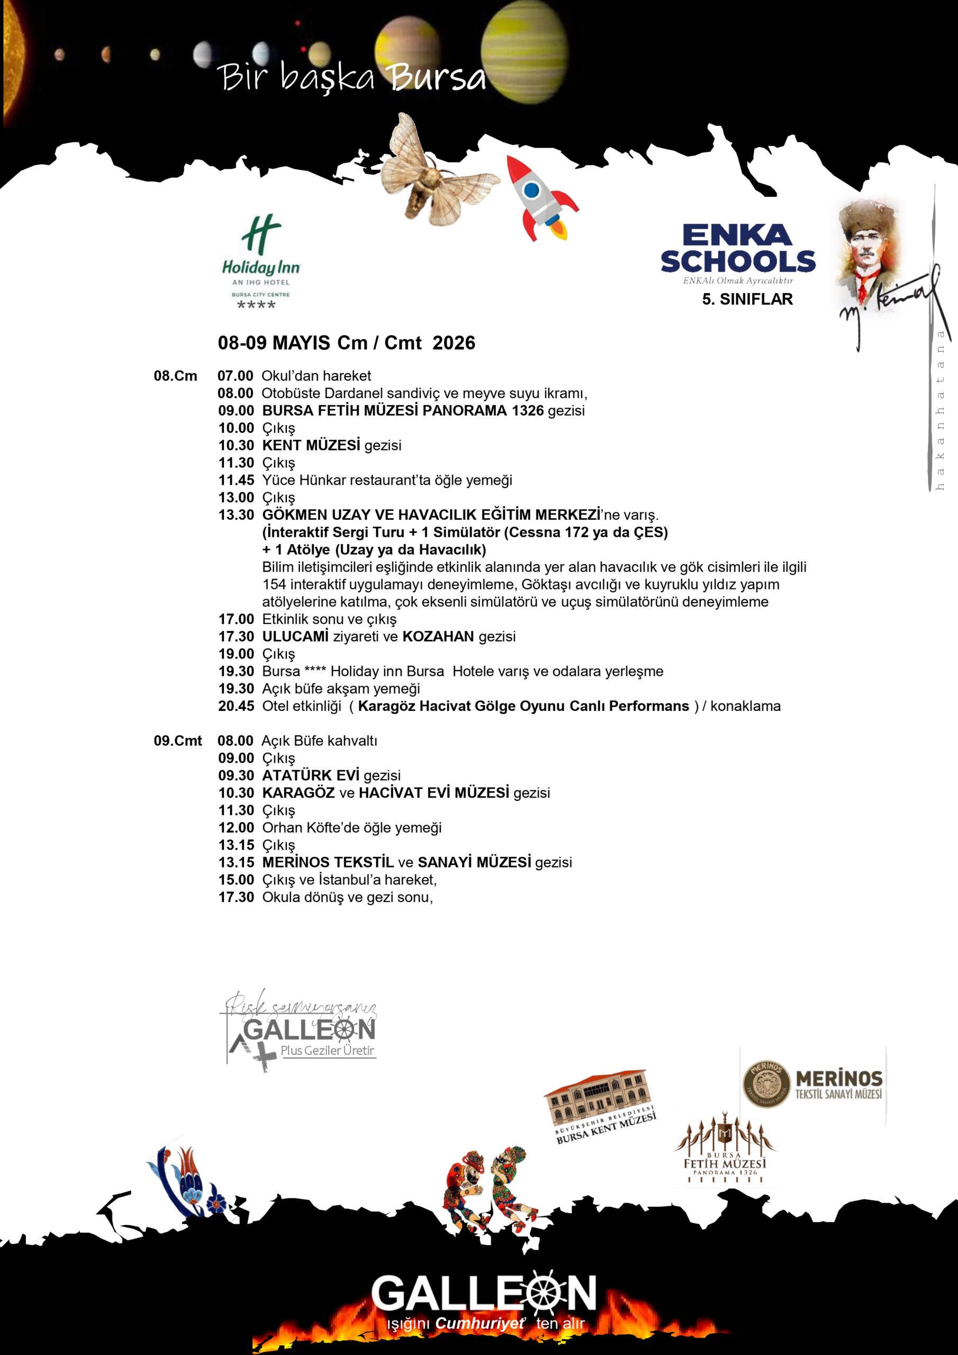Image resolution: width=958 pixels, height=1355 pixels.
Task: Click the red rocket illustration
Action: pos(540,198)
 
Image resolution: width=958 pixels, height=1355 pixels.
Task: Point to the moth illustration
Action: pos(434,171)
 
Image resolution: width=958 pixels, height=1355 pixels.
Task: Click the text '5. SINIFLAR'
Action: pos(747,299)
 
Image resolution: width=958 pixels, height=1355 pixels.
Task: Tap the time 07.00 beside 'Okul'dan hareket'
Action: pos(236,376)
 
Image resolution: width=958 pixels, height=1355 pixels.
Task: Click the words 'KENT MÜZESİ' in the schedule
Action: pos(311,446)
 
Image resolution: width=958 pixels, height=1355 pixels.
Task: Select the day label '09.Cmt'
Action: pos(178,740)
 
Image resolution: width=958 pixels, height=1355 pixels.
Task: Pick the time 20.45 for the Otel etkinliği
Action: pos(236,707)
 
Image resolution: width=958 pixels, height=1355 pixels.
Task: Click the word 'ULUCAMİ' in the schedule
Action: pos(295,637)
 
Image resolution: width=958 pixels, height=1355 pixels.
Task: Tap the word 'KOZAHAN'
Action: pos(438,637)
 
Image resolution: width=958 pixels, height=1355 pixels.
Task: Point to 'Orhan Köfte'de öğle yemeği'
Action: pos(352,828)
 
